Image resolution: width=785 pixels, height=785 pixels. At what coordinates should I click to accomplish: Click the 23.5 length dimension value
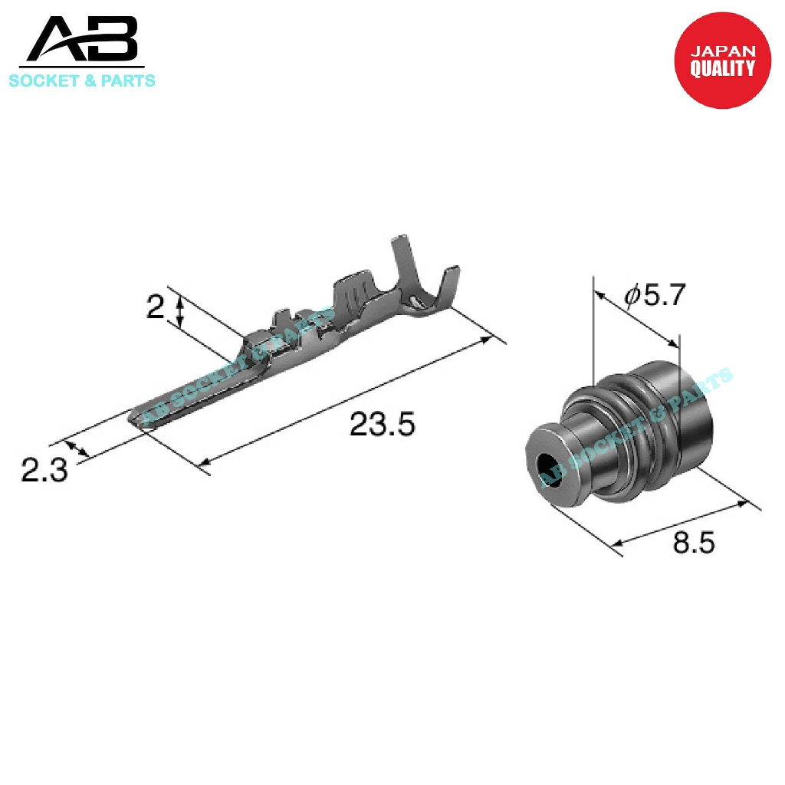pyautogui.click(x=382, y=424)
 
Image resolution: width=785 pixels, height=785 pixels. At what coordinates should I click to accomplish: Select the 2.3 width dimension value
pyautogui.click(x=44, y=471)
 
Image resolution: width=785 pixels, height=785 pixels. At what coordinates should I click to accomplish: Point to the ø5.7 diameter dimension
pyautogui.click(x=654, y=295)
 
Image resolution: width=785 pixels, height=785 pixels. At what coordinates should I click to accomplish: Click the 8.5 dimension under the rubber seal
pyautogui.click(x=693, y=542)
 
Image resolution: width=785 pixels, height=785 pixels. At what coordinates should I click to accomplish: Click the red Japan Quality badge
pyautogui.click(x=722, y=60)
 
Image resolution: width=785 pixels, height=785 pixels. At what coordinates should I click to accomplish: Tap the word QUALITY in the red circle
pyautogui.click(x=722, y=68)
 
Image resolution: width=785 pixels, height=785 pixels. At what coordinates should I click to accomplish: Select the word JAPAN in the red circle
pyautogui.click(x=722, y=51)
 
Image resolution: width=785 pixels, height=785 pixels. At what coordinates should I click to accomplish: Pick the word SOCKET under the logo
pyautogui.click(x=44, y=80)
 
